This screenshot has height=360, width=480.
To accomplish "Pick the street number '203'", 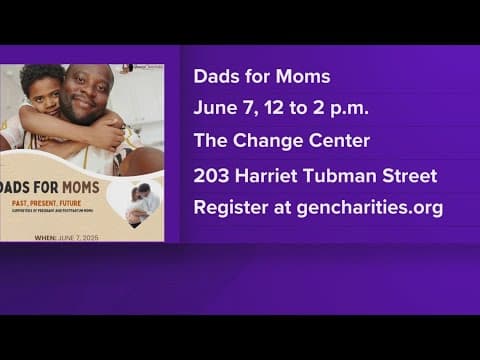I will pos(211,176).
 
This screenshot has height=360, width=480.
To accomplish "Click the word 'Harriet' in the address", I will pos(268,176).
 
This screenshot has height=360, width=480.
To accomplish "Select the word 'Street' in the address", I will pos(408,176).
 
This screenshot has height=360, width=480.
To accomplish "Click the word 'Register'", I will pos(229,209).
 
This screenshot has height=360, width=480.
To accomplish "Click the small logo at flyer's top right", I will pos(139,68).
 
